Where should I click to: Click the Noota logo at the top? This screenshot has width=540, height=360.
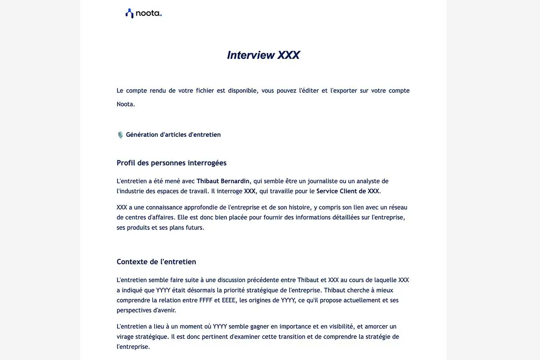(x=143, y=13)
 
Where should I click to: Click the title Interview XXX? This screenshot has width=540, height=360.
(x=263, y=55)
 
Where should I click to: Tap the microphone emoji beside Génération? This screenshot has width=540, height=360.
(x=120, y=135)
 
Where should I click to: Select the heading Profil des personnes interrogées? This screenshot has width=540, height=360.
(x=171, y=163)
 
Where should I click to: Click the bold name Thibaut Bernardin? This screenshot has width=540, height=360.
(x=223, y=181)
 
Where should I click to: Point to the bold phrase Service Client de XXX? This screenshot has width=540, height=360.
(x=348, y=191)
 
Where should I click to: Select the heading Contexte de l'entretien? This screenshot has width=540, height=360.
(x=156, y=262)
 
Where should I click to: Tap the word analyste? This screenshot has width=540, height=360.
(x=367, y=181)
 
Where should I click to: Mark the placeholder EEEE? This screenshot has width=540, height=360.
(x=229, y=300)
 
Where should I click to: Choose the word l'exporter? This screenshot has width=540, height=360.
(x=344, y=90)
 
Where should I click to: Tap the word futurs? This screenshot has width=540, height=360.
(x=194, y=227)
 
